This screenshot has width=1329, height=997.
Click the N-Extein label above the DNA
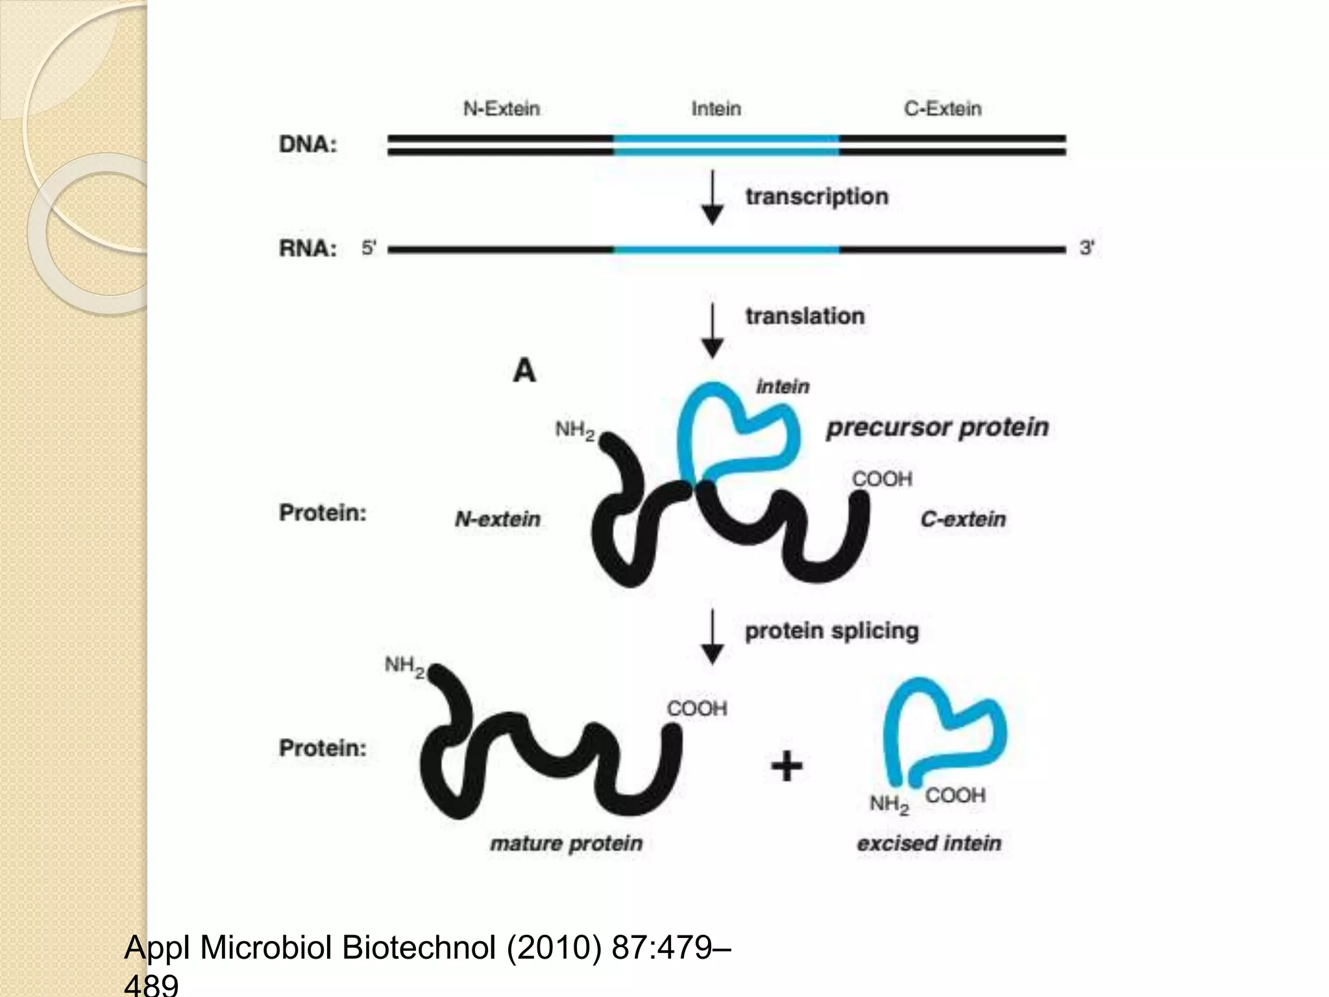click(501, 108)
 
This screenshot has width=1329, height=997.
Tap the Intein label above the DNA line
click(716, 108)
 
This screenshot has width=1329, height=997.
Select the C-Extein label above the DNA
click(942, 108)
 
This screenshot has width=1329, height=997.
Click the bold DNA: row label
click(308, 144)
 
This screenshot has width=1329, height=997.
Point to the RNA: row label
click(308, 249)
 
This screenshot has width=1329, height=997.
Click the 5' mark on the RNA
click(369, 248)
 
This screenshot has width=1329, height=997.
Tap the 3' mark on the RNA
click(1087, 248)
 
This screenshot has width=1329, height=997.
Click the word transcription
click(816, 197)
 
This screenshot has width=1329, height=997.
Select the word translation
click(805, 316)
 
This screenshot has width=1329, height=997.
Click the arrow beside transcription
click(713, 198)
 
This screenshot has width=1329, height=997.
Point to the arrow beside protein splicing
click(713, 637)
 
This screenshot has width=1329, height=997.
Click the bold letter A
click(524, 371)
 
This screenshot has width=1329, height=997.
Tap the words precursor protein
click(937, 428)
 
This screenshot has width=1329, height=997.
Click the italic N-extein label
click(498, 519)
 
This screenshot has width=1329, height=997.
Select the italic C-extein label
click(963, 519)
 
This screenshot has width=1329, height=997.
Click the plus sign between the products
click(786, 766)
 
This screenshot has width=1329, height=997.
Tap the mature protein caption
click(566, 844)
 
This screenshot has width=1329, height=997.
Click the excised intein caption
click(929, 844)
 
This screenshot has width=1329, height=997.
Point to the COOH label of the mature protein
click(697, 709)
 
